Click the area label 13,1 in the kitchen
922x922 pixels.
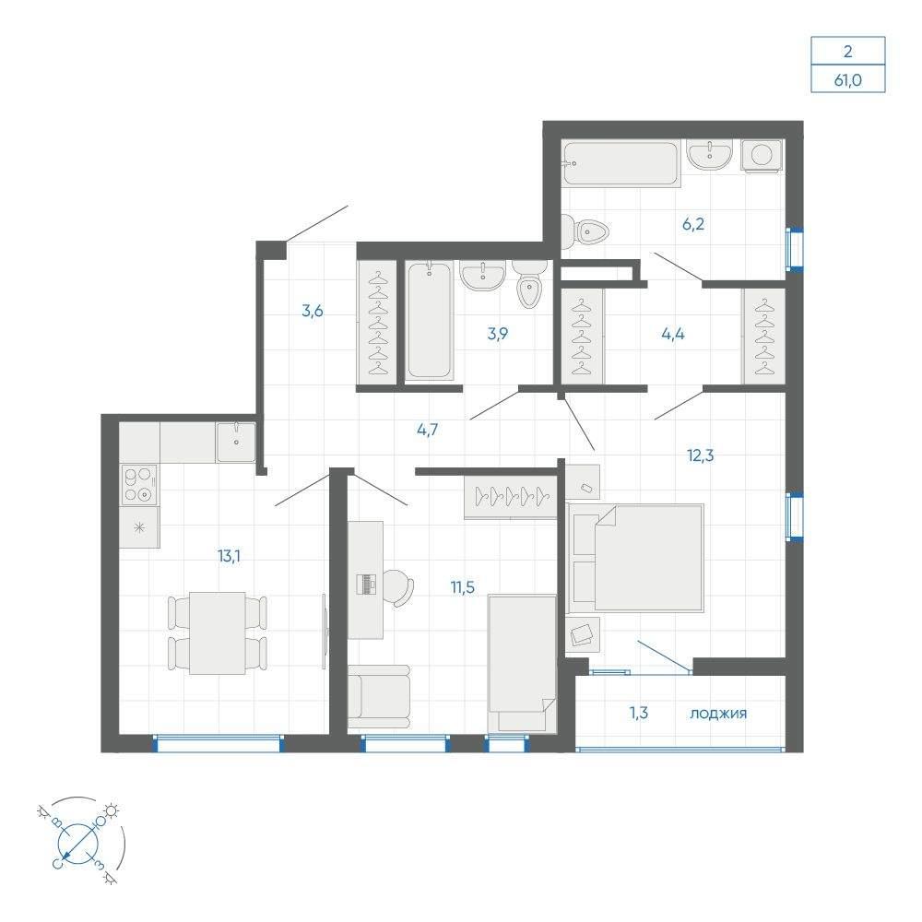229,556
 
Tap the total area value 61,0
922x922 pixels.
847,80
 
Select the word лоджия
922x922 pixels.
718,714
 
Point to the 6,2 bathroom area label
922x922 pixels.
693,224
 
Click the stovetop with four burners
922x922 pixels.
140,485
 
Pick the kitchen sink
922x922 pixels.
236,443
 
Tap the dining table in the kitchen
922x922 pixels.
217,632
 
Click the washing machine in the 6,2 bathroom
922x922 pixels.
762,155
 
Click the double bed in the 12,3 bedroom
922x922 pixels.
635,557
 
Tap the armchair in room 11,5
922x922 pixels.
379,697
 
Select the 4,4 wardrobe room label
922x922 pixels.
673,334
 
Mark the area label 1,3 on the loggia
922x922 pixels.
639,714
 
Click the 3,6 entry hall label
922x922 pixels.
313,311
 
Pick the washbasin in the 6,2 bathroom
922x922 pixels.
710,155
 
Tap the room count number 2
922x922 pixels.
847,52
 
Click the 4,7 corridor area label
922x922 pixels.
428,430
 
